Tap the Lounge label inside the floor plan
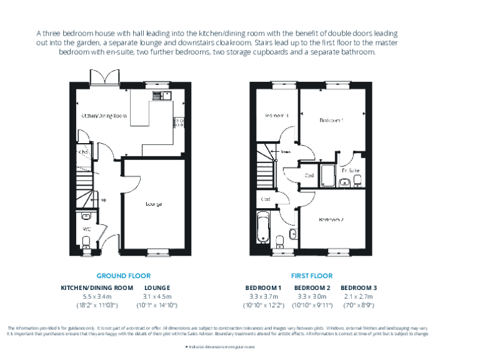click(154, 204)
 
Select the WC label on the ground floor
click(87, 229)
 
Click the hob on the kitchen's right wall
click(179, 123)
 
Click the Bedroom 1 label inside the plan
click(332, 120)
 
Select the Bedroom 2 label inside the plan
click(331, 219)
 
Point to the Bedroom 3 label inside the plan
click(277, 116)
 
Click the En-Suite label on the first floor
click(350, 170)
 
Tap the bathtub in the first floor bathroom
click(264, 228)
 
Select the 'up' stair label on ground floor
click(103, 200)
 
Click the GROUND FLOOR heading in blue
click(123, 276)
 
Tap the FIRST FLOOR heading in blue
click(311, 276)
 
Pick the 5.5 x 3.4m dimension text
click(96, 296)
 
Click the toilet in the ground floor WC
click(87, 241)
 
